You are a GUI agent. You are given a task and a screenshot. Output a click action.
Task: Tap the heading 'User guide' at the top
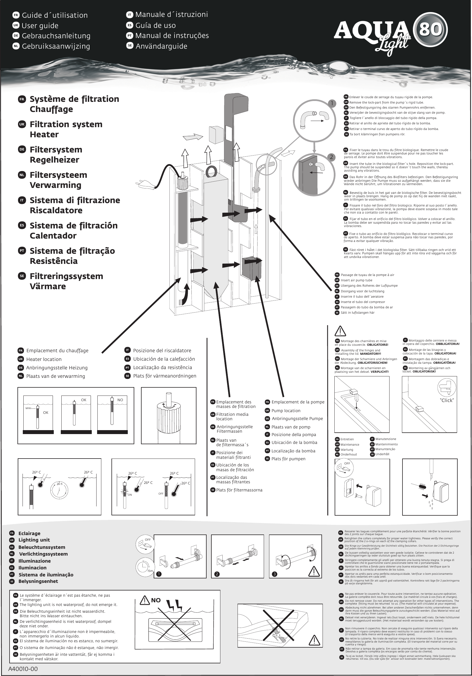point(40,26)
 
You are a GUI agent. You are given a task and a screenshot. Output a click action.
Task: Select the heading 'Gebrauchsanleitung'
point(56,36)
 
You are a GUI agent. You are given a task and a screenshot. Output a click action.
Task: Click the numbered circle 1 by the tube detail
point(332,103)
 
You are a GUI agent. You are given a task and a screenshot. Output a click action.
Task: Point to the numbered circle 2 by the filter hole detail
point(332,157)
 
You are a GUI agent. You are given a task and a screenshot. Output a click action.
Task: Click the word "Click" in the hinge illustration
point(447,400)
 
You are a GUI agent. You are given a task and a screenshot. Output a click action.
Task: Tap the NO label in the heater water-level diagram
point(120,400)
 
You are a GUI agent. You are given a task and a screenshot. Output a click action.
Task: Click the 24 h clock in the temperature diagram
point(60,491)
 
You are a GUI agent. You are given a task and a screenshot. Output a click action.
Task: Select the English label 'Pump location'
point(286,410)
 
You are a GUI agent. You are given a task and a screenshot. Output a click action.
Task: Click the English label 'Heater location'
point(44,359)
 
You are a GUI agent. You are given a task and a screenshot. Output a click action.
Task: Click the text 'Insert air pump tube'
point(357,280)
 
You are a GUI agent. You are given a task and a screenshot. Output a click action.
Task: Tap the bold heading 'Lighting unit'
point(34,540)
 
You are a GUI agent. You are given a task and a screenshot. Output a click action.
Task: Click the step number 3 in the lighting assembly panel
point(274,574)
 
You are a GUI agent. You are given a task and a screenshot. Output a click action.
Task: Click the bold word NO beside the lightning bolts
point(156,600)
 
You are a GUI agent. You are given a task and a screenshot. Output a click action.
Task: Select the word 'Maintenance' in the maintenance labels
point(350,444)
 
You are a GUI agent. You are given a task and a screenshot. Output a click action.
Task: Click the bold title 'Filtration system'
point(66,124)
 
